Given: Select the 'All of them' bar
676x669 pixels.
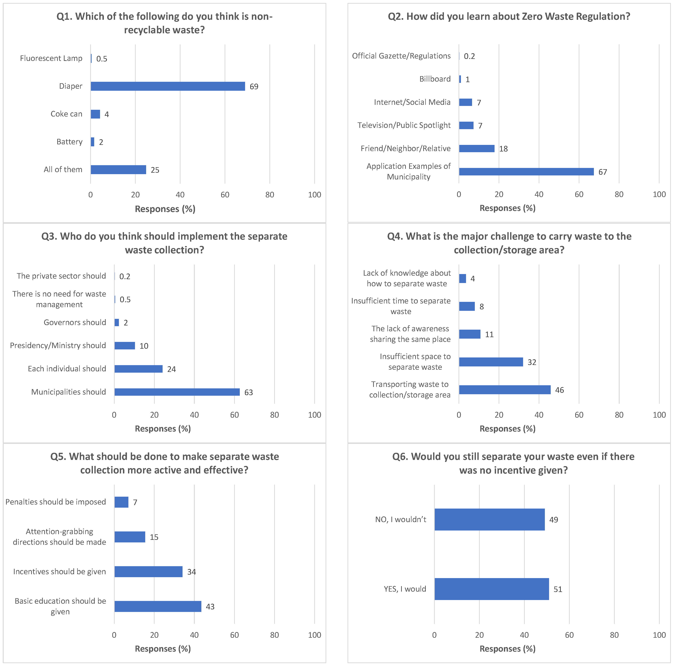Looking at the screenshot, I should click(118, 170).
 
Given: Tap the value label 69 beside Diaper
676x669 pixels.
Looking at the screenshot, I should click(254, 86).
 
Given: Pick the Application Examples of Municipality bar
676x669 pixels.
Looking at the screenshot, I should click(526, 171).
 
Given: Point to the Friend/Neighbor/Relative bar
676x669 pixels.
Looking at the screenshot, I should click(477, 148).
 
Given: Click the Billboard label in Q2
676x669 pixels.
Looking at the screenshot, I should click(435, 79).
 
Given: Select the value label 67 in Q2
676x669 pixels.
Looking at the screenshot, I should click(602, 172).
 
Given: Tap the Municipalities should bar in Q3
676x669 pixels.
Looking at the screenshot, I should click(177, 392).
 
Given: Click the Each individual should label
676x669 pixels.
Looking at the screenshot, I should click(67, 369).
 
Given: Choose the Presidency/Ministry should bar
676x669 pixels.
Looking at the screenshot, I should click(125, 346).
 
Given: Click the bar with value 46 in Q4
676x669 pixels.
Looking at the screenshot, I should click(505, 390).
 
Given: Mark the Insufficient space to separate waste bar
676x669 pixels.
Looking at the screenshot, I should click(491, 362).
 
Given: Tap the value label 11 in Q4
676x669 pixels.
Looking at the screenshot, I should click(489, 334).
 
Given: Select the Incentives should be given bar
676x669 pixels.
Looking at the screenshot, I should click(148, 572).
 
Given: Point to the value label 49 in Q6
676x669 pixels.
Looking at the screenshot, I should click(553, 520).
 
